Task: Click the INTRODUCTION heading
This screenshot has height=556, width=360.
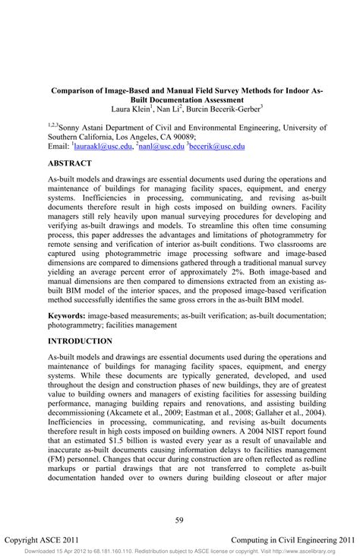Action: (x=81, y=342)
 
